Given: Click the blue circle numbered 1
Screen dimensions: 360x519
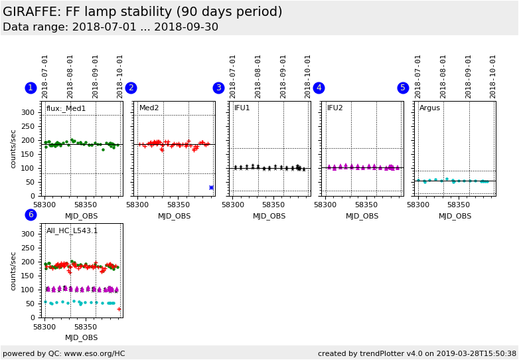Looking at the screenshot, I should (31, 88).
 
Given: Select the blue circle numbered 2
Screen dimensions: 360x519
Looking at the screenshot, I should (131, 88).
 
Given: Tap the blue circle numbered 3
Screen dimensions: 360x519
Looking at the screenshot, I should (218, 88).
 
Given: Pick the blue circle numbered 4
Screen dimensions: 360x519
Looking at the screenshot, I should (319, 88).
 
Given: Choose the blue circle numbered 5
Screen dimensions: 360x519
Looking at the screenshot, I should (403, 88).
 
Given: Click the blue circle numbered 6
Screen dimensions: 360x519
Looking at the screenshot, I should (31, 215).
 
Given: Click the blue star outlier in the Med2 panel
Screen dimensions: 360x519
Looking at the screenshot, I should (211, 187).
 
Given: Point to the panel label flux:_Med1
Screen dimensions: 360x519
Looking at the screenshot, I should (66, 108).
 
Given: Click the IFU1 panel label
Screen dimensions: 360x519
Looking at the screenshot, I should (242, 108).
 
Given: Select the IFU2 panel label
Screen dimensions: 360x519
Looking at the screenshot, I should (334, 108).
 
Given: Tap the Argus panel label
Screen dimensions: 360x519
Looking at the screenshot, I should (429, 108).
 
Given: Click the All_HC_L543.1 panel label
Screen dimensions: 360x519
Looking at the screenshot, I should (72, 230).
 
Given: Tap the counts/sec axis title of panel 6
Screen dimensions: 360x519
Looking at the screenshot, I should (14, 270).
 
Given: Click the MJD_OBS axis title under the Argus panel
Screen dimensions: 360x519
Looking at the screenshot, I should (455, 216).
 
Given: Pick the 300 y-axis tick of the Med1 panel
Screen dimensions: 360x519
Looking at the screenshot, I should (27, 112).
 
